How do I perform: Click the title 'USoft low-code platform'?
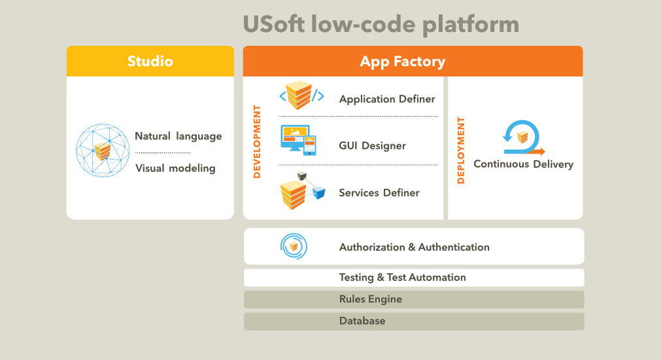(381, 24)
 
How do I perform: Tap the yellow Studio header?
(150, 61)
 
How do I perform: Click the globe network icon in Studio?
(103, 151)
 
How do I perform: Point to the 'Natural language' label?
(178, 137)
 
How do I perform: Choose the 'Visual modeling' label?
(175, 168)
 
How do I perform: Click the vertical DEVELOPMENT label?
(257, 142)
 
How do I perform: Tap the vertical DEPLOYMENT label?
(461, 150)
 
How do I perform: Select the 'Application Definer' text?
(387, 99)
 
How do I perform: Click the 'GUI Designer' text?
(372, 146)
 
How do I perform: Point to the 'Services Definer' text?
(379, 193)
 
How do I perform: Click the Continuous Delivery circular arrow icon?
(522, 137)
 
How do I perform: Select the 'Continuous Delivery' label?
(523, 164)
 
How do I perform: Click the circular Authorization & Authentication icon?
(294, 246)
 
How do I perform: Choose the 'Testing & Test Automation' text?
(402, 277)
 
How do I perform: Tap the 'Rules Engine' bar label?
(370, 299)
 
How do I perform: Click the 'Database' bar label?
(362, 321)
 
